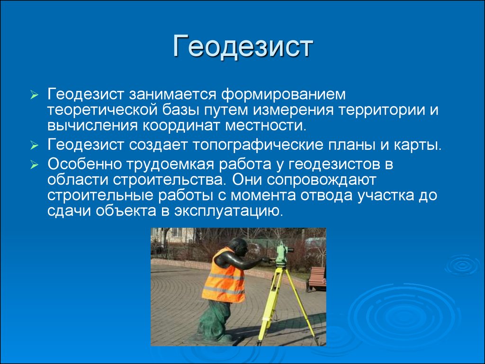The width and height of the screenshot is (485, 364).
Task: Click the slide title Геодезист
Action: tap(243, 46)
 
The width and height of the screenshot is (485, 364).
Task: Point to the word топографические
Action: tap(258, 145)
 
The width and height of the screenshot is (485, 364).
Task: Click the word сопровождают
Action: tap(322, 180)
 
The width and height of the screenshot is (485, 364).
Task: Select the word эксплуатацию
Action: tap(229, 211)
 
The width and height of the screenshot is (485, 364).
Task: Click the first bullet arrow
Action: tap(34, 95)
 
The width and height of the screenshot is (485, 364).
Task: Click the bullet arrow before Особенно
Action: tap(34, 165)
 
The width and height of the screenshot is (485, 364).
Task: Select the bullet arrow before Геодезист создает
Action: tap(34, 146)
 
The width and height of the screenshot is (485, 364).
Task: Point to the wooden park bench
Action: tap(316, 279)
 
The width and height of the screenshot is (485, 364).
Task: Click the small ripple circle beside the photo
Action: tap(463, 265)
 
